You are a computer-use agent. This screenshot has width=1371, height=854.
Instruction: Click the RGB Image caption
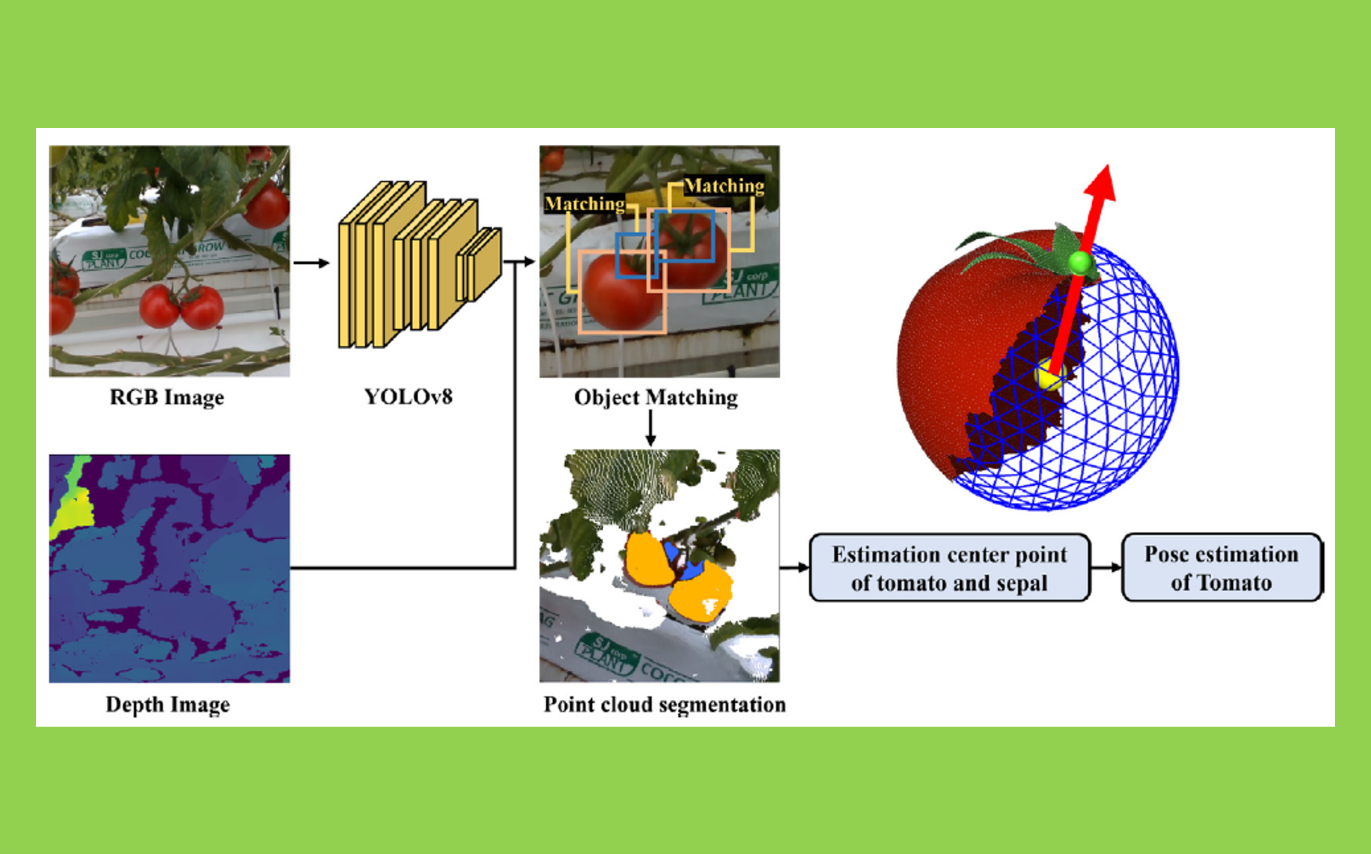(167, 397)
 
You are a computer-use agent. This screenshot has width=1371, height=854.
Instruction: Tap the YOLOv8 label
(408, 397)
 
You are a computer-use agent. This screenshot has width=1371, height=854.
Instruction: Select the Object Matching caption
(656, 397)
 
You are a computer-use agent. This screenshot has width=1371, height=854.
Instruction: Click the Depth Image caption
(168, 704)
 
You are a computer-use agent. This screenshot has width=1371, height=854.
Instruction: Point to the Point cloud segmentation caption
(664, 704)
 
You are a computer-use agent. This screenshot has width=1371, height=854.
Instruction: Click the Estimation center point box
(949, 568)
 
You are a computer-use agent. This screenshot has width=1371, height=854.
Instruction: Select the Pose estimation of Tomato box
(1221, 568)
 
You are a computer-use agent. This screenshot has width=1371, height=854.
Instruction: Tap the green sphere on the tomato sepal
(1079, 262)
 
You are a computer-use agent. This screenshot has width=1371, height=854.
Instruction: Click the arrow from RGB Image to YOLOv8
(311, 263)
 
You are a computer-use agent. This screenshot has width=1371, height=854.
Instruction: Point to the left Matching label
(585, 203)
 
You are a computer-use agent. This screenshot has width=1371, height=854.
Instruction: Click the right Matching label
(724, 186)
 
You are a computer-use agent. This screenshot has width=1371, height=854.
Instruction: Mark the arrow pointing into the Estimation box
(795, 568)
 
